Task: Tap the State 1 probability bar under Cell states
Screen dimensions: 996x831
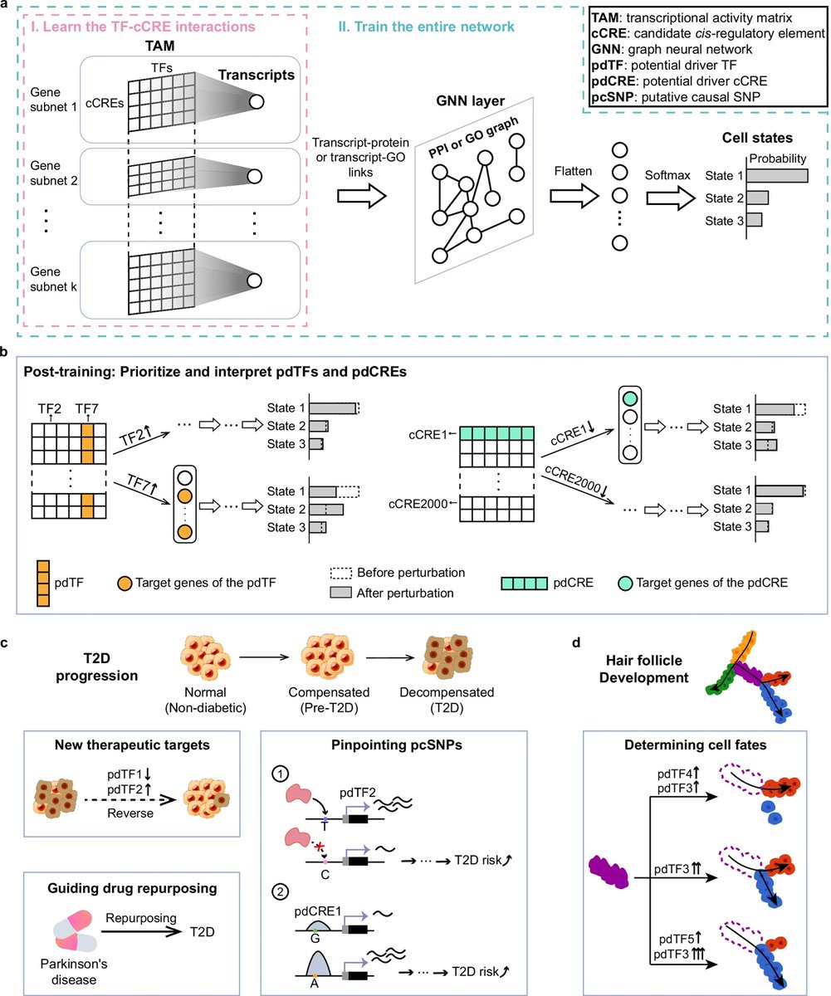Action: coord(778,176)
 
